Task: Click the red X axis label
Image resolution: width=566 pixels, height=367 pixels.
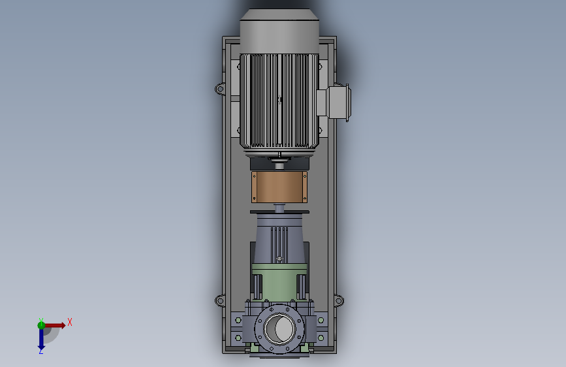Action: (70, 322)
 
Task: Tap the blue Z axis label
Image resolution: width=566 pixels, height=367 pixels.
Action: (40, 351)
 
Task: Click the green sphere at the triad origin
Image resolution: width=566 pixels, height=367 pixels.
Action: (41, 325)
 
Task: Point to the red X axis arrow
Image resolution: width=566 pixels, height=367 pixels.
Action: (55, 325)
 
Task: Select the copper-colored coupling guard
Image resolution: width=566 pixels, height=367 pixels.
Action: (279, 187)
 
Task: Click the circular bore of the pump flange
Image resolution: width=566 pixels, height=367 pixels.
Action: (279, 329)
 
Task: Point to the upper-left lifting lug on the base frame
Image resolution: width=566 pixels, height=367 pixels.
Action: (220, 89)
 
